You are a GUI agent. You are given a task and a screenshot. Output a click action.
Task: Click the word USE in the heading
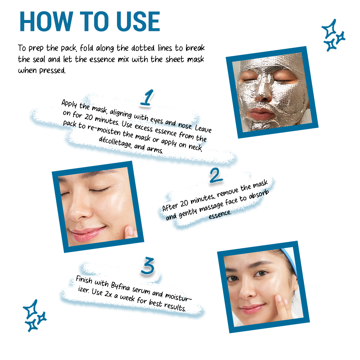(138, 21)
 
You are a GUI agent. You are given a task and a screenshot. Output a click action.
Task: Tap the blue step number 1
(147, 98)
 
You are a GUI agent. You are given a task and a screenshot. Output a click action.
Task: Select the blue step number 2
(216, 175)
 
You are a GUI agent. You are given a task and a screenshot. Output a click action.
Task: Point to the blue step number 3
(148, 266)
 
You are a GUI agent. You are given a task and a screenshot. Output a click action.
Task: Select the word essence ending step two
(220, 214)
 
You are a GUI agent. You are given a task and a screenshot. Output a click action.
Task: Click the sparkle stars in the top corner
(333, 35)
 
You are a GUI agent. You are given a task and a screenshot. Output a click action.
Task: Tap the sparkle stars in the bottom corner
(34, 316)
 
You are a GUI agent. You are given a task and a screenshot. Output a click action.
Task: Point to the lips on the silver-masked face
(262, 114)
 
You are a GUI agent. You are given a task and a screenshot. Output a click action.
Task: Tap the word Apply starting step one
(69, 104)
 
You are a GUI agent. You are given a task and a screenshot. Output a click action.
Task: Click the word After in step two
(170, 206)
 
